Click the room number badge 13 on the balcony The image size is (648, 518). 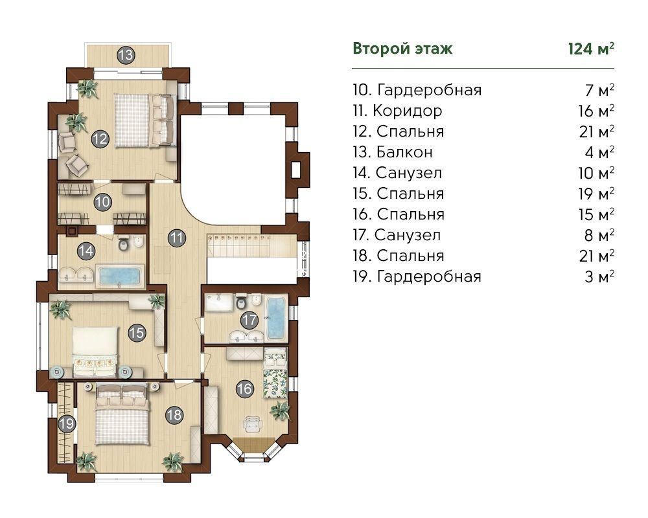click(126, 55)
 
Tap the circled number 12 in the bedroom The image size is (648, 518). click(100, 139)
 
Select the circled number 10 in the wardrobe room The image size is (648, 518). click(102, 202)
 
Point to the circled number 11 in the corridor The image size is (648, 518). click(176, 238)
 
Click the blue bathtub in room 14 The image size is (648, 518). click(120, 276)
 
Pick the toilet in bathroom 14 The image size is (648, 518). click(124, 243)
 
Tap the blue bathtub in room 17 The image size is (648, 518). click(276, 317)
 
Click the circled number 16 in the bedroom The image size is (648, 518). click(244, 388)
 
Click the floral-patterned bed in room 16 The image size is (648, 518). click(275, 374)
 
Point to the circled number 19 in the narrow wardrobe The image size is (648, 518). click(67, 423)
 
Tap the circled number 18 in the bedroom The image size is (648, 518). click(174, 415)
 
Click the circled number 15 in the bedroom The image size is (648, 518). click(137, 333)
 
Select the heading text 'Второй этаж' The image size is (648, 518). click(402, 49)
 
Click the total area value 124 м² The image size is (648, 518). click(591, 49)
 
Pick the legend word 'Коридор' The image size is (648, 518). click(408, 111)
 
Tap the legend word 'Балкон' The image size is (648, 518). click(404, 152)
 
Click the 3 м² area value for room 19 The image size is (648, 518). click(599, 276)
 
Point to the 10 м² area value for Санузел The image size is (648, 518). click(596, 173)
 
